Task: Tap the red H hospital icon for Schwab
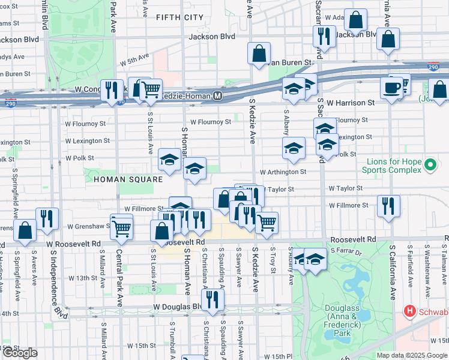pyautogui.click(x=411, y=311)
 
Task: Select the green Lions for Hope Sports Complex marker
pyautogui.click(x=430, y=164)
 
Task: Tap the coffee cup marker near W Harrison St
pyautogui.click(x=391, y=88)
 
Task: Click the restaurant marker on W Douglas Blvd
pyautogui.click(x=212, y=298)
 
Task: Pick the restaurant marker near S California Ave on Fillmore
pyautogui.click(x=389, y=205)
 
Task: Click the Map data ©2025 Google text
pyautogui.click(x=412, y=355)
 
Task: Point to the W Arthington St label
pyautogui.click(x=283, y=172)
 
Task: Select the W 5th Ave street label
pyautogui.click(x=134, y=61)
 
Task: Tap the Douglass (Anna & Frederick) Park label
pyautogui.click(x=342, y=320)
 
